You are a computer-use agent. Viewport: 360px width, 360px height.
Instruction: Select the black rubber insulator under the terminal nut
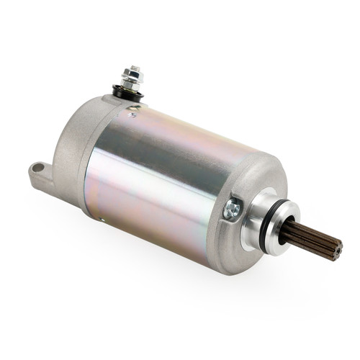pos(128,93)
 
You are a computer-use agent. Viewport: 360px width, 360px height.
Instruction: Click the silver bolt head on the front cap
pos(233,209)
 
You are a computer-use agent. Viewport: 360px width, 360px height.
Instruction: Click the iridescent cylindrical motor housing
pos(166,180)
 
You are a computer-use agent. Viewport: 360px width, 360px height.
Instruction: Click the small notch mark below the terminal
pos(132,114)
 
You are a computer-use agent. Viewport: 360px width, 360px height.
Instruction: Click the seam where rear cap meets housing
pos(90,173)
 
